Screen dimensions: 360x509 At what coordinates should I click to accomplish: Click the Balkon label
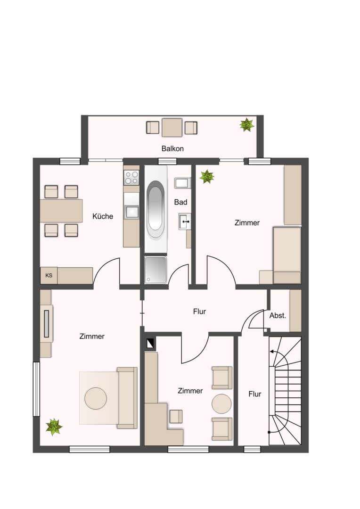tap(172, 148)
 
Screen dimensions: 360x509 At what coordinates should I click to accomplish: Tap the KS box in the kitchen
tap(49, 276)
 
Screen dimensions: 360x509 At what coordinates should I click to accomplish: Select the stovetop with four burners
tap(131, 178)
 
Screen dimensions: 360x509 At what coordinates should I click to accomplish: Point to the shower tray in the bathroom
tap(155, 270)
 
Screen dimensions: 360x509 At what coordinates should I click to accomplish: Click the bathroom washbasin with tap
tap(185, 222)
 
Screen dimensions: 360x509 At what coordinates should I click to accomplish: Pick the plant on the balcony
tap(247, 124)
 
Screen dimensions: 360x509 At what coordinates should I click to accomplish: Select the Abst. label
tap(278, 315)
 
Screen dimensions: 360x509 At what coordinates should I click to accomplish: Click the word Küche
tap(103, 216)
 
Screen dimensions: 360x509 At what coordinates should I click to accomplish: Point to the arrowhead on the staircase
tap(271, 351)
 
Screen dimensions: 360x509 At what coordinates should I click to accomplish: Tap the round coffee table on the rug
tap(96, 398)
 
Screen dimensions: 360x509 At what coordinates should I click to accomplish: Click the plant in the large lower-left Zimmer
tap(54, 427)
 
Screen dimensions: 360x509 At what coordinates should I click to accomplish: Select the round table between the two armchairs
tap(222, 404)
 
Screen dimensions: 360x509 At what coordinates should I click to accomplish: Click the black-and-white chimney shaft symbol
tap(151, 344)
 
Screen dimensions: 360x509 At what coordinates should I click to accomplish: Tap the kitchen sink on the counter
tap(131, 212)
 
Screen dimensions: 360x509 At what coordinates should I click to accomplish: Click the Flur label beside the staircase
tap(255, 394)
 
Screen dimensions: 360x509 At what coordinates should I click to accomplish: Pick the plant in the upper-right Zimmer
tap(207, 177)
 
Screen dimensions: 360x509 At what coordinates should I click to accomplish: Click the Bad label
tap(181, 202)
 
